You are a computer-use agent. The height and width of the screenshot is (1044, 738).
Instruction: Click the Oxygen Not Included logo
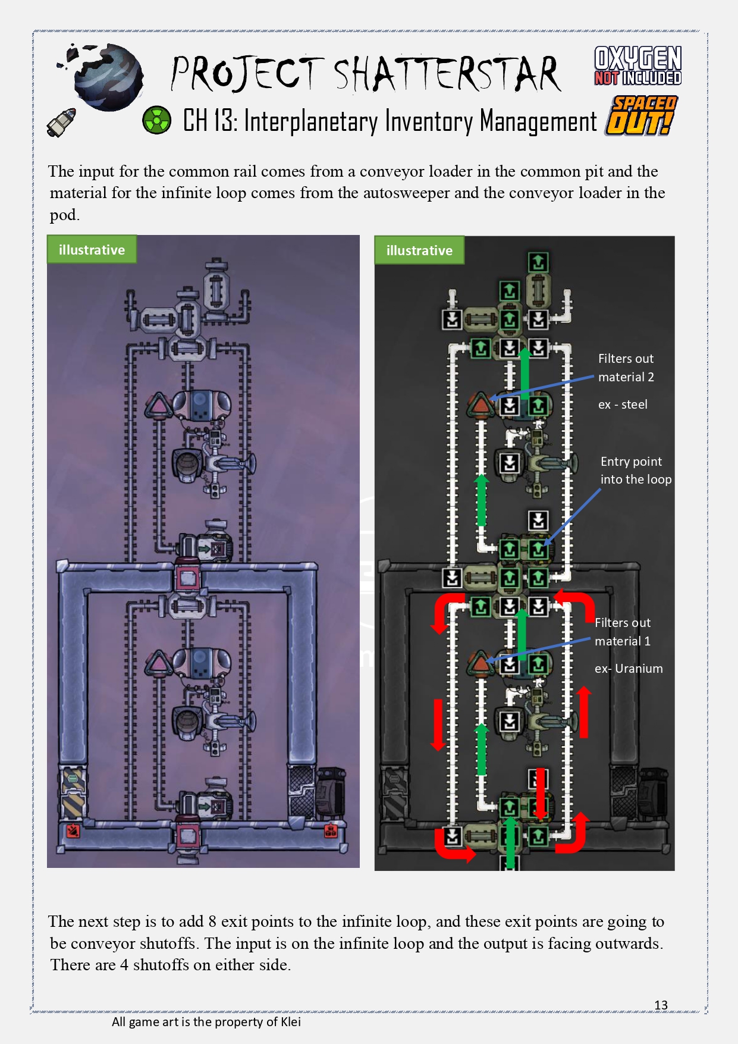coord(637,65)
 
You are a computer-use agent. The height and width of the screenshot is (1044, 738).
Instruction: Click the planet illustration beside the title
coord(108,77)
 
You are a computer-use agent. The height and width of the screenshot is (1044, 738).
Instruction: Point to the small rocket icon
coord(61,122)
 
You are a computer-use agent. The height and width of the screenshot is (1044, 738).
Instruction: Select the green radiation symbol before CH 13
coord(156,120)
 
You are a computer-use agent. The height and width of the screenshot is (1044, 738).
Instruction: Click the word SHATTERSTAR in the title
coord(446,74)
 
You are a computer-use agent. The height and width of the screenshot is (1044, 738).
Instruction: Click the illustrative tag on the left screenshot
coord(92,250)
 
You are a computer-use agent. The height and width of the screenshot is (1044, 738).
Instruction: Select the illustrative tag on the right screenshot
coord(419,250)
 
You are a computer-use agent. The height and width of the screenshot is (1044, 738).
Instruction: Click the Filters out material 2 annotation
coord(626,368)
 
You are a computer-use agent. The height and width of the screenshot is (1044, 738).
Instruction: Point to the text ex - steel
coord(622,405)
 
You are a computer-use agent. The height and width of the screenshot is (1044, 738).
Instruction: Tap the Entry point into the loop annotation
coord(635,471)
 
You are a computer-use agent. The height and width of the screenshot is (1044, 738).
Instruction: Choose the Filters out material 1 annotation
coord(622,632)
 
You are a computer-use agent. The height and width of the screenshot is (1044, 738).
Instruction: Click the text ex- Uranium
coord(628,669)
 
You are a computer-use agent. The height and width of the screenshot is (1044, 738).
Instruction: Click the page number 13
coord(661,1005)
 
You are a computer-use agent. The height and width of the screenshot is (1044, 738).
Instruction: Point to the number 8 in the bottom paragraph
coord(212,921)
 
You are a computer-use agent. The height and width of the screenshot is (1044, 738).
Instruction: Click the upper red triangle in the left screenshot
coord(158,406)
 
